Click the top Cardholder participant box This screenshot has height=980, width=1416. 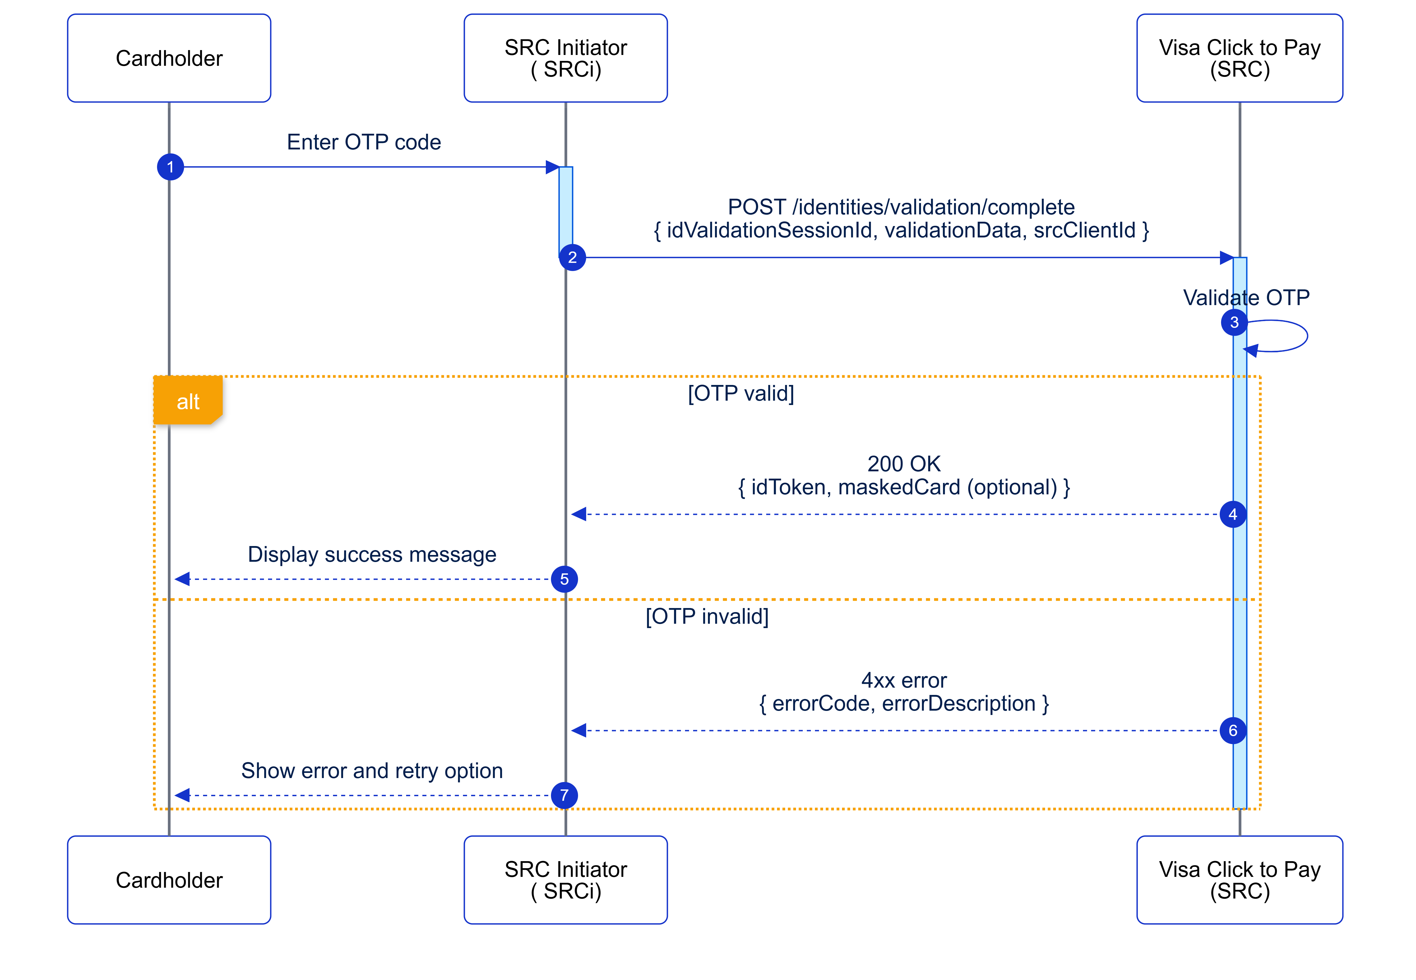[x=169, y=58]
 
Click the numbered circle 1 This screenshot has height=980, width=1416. [x=170, y=167]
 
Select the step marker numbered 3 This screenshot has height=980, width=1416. [x=1234, y=322]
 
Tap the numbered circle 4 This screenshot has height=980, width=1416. [x=1232, y=515]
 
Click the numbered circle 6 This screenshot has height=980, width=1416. [x=1232, y=731]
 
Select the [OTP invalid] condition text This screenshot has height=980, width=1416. [x=707, y=616]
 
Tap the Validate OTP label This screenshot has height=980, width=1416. [x=1246, y=298]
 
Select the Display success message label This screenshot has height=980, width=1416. [x=371, y=554]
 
